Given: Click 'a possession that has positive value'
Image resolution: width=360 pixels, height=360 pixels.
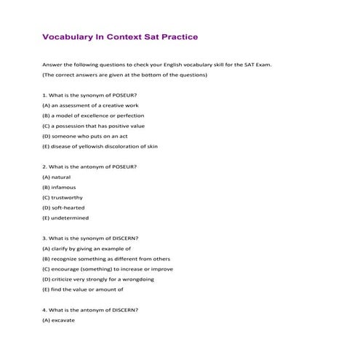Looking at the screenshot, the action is click(x=98, y=126).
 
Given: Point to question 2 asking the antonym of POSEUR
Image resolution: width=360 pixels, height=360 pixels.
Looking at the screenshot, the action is click(x=89, y=167).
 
